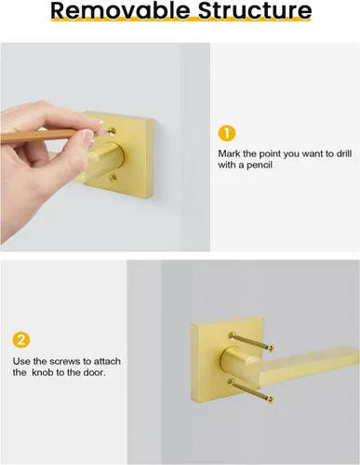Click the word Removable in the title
(x=120, y=10)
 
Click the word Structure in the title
(x=255, y=10)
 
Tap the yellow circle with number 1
(x=227, y=133)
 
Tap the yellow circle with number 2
(x=21, y=340)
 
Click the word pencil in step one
(x=260, y=166)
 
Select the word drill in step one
(x=344, y=153)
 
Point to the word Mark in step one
(x=229, y=153)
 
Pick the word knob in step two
(x=43, y=372)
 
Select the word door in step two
(x=94, y=372)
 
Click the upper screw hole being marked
(x=112, y=131)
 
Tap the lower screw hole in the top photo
(x=114, y=178)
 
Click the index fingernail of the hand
(x=87, y=137)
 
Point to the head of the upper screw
(x=271, y=349)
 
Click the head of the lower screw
(x=271, y=400)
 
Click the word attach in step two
(x=108, y=362)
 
